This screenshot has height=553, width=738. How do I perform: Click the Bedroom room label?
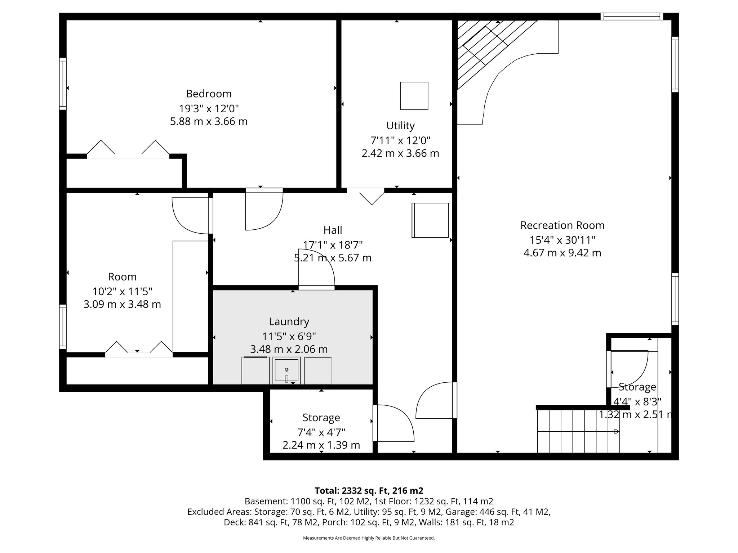[209, 94]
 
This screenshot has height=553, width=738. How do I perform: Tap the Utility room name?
[400, 126]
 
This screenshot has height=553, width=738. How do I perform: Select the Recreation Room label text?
[562, 225]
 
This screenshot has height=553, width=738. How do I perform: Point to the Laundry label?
[289, 322]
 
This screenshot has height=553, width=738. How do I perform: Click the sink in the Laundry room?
[286, 370]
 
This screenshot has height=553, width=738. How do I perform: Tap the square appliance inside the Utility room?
[414, 96]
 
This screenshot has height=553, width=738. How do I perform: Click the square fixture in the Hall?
[430, 220]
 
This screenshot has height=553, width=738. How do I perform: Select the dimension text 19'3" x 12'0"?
[209, 108]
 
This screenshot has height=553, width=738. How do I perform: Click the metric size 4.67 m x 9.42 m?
[562, 253]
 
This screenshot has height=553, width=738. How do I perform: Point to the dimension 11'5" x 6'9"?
[289, 336]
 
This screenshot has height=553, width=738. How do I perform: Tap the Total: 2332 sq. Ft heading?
[369, 491]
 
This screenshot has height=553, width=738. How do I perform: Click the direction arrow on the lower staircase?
[617, 431]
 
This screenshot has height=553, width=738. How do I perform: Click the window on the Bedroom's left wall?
[63, 84]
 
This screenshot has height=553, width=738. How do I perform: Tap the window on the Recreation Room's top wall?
[631, 16]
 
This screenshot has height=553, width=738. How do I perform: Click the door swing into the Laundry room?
[316, 268]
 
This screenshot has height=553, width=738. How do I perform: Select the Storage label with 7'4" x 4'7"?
[321, 418]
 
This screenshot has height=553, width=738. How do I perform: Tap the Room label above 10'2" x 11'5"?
[122, 277]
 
